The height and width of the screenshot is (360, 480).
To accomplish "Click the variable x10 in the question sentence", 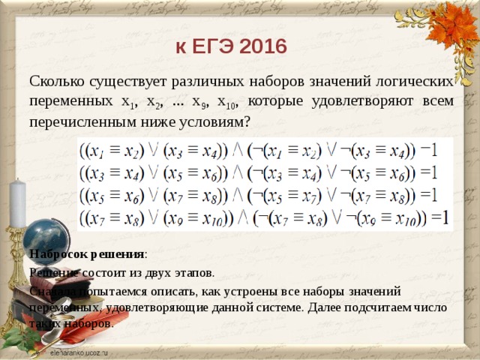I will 226,100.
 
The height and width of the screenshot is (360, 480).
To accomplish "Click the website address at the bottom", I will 79,351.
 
